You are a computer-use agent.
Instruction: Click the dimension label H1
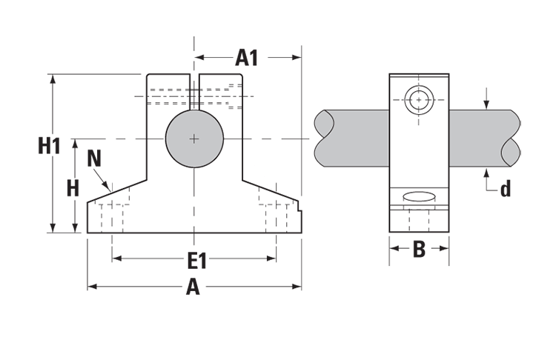(x=49, y=147)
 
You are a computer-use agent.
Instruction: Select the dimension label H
(x=72, y=188)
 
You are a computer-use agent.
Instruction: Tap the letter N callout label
(x=94, y=158)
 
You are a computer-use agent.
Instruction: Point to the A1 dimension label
(x=247, y=57)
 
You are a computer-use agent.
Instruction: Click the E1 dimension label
(x=196, y=260)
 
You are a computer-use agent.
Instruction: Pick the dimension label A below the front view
(x=193, y=287)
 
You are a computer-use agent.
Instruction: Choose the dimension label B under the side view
(x=419, y=250)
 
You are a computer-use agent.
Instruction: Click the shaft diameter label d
(x=505, y=190)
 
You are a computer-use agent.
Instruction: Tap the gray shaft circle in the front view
(x=194, y=139)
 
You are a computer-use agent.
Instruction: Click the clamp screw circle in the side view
(x=419, y=99)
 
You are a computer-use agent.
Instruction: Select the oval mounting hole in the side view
(x=419, y=197)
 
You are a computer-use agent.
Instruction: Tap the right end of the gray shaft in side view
(x=511, y=139)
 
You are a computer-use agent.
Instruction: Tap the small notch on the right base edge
(x=300, y=214)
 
